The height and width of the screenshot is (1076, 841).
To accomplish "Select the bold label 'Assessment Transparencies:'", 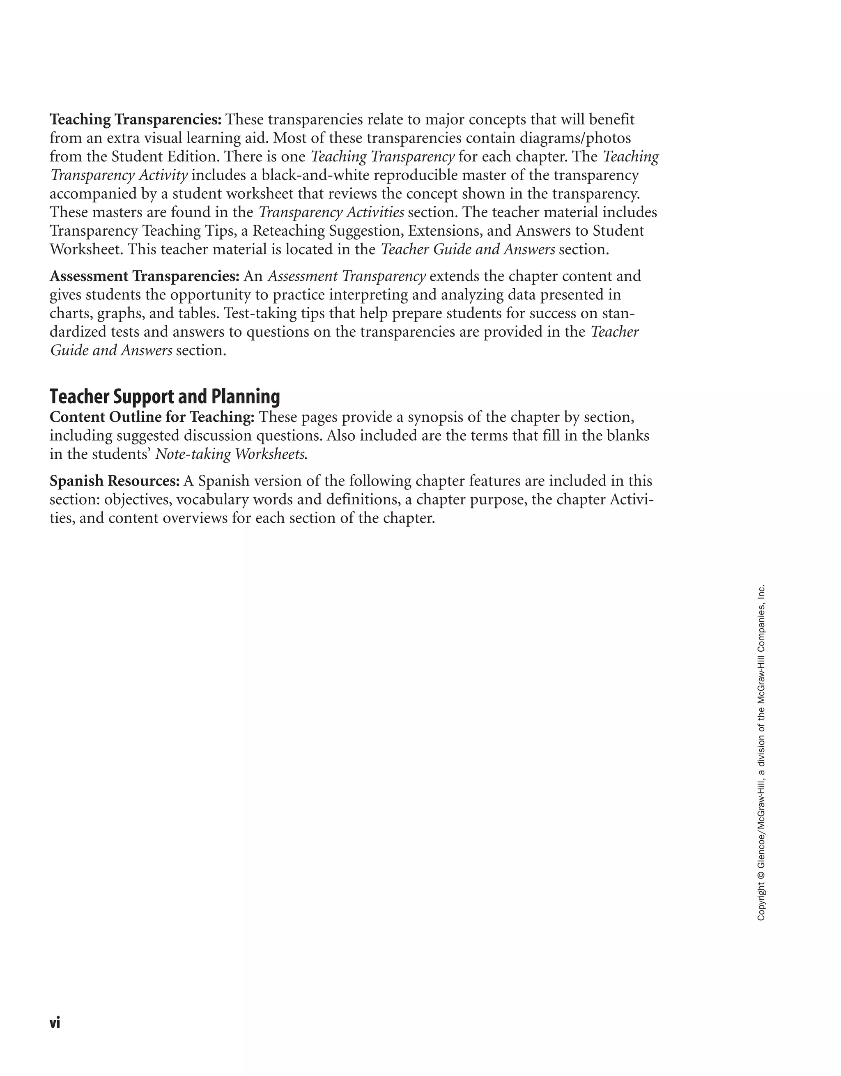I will [x=145, y=276].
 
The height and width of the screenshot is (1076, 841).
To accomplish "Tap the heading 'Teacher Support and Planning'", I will [x=165, y=397].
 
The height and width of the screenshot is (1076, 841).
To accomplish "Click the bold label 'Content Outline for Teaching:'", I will [x=152, y=417].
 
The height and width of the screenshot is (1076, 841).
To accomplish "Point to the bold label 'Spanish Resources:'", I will [x=114, y=481].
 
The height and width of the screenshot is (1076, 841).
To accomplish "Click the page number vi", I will [x=55, y=1023].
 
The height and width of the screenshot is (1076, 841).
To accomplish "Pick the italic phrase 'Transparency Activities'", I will [x=331, y=213].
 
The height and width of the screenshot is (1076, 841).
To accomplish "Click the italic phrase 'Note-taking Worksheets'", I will [x=230, y=454].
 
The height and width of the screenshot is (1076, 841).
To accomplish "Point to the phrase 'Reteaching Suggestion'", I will [x=326, y=231].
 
